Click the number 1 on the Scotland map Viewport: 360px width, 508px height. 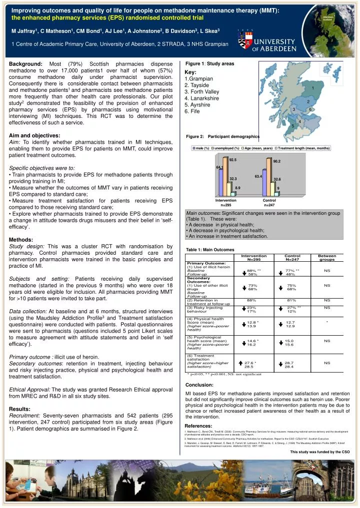[312, 88]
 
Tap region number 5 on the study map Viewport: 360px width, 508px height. [292, 126]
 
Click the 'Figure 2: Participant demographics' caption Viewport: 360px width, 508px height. [222, 136]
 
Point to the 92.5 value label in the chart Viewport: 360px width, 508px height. [232, 160]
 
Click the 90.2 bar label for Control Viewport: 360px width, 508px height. [276, 161]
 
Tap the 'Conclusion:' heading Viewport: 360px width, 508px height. [199, 385]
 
